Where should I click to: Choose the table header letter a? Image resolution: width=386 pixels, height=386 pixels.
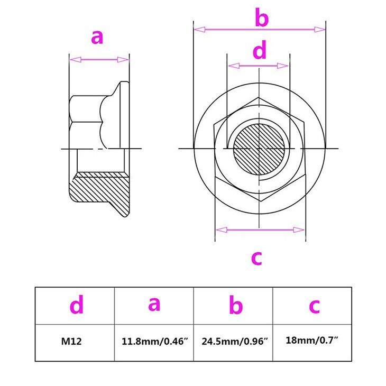click(154, 304)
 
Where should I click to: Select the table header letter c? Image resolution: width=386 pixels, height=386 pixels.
click(314, 306)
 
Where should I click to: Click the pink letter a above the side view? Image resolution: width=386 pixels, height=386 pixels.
click(97, 38)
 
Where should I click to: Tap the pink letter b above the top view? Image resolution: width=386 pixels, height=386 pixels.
click(261, 18)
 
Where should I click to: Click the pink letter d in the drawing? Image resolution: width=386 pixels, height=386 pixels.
click(260, 52)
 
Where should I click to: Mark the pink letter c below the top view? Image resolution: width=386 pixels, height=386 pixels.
click(256, 258)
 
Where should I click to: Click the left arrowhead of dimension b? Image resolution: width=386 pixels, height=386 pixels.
click(198, 29)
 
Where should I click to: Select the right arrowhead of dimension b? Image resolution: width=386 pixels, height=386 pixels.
click(321, 29)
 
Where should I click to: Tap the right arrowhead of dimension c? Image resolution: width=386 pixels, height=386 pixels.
click(300, 229)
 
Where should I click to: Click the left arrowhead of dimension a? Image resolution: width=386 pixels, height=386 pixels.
click(74, 60)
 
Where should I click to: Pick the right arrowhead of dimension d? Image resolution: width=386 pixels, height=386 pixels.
click(284, 66)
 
